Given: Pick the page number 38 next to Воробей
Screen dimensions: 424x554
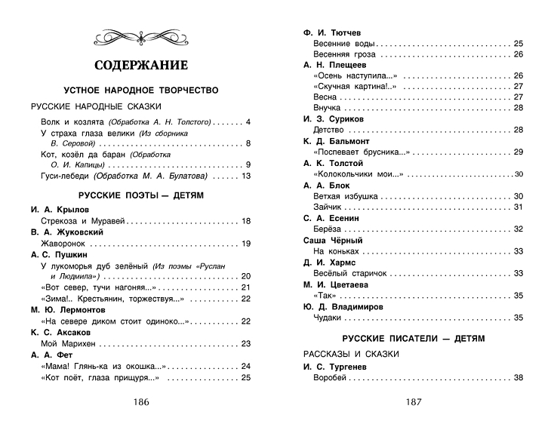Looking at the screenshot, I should click(x=518, y=377).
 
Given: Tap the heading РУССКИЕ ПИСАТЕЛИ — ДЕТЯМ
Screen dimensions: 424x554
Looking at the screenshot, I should click(x=413, y=338).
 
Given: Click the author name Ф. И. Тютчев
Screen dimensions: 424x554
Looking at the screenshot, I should click(x=332, y=32).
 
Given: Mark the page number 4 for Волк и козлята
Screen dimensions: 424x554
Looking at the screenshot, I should click(x=248, y=122).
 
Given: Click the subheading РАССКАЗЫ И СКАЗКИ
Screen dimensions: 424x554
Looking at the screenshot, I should click(x=349, y=353).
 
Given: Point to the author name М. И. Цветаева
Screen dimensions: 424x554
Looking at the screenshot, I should click(x=336, y=284).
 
